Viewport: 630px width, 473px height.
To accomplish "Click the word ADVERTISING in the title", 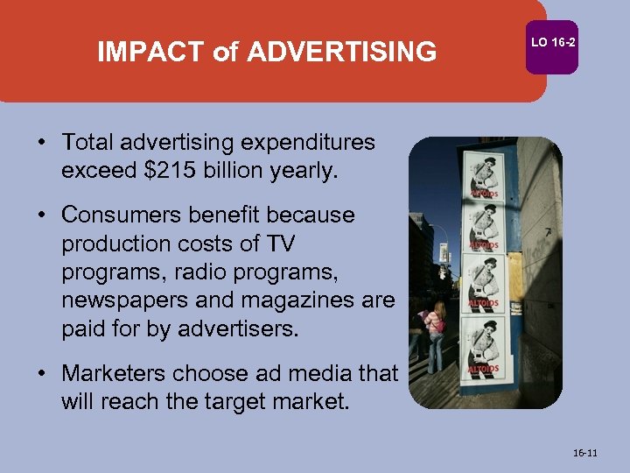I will tap(341, 53).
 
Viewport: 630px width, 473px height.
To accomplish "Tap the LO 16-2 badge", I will tap(553, 42).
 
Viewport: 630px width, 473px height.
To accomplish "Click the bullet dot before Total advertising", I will tap(42, 143).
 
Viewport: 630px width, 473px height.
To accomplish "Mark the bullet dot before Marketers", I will tap(42, 374).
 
